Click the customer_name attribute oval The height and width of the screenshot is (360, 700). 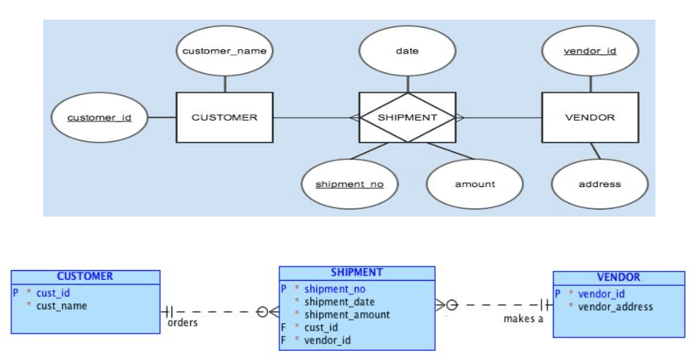(x=224, y=51)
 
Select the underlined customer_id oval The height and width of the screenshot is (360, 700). (x=100, y=118)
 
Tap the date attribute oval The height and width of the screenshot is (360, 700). (x=407, y=51)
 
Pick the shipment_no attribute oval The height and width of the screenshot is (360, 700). (x=350, y=184)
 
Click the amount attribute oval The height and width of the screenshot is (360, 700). (x=475, y=184)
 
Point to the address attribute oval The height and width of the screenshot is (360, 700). (x=600, y=184)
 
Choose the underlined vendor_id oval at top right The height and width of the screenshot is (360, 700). (x=591, y=51)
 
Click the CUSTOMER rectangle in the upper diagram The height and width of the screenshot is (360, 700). (x=224, y=118)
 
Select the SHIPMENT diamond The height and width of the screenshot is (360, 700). (x=408, y=118)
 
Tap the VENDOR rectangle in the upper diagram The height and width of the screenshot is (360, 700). (x=591, y=118)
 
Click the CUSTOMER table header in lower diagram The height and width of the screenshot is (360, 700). (x=85, y=276)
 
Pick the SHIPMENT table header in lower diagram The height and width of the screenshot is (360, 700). (x=356, y=273)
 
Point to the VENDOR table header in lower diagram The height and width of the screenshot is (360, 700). (x=618, y=278)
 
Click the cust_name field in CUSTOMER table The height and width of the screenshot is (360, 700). (x=62, y=306)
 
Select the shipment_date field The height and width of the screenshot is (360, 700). (x=339, y=302)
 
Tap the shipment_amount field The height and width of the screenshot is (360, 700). (x=347, y=315)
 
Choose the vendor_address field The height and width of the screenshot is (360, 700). (x=615, y=307)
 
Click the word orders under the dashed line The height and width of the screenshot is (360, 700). (x=183, y=322)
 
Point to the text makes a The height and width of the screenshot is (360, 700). (x=523, y=319)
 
